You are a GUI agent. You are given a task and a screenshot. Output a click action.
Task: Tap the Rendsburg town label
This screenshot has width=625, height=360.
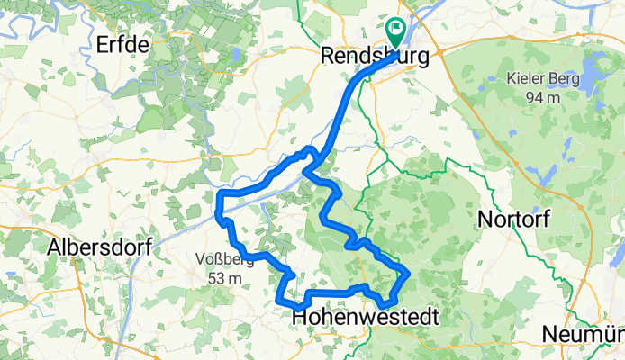[x=378, y=56]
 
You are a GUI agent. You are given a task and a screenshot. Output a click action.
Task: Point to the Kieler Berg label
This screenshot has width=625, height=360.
[x=538, y=79]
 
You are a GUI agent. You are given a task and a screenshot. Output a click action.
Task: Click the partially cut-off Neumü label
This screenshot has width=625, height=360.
[x=584, y=335]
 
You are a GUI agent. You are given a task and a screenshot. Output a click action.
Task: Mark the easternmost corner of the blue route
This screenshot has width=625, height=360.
[x=409, y=273]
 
